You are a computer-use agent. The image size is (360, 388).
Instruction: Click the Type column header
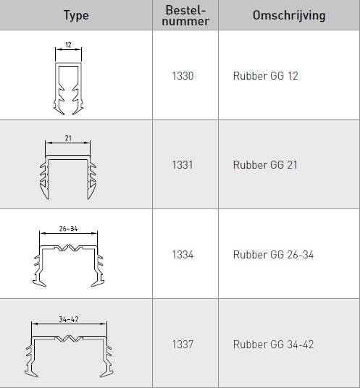pos(76,16)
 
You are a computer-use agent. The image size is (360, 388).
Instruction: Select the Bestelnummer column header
pos(185,15)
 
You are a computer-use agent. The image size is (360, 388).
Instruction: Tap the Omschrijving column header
pos(289,15)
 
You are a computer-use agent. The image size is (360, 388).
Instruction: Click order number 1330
pos(183,76)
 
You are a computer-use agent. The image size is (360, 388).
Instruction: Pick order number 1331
pos(183,165)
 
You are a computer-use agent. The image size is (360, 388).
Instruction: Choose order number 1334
pos(183,255)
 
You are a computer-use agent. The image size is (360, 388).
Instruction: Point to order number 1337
pos(183,344)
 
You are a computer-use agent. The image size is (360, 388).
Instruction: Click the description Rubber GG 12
pos(265,76)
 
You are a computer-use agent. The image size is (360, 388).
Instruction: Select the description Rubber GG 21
pos(265,165)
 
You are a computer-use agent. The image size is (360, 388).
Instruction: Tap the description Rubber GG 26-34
pos(273,255)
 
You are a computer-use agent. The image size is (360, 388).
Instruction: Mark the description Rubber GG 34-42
pos(273,344)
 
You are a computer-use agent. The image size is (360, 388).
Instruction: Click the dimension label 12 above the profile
pos(68,45)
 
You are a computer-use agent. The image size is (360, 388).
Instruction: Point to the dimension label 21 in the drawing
pos(68,138)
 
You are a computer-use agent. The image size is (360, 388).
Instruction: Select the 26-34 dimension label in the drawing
pos(68,229)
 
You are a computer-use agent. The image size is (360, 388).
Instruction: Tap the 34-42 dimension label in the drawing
pos(69,319)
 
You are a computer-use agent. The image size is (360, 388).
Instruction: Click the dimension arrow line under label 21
pos(68,143)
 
